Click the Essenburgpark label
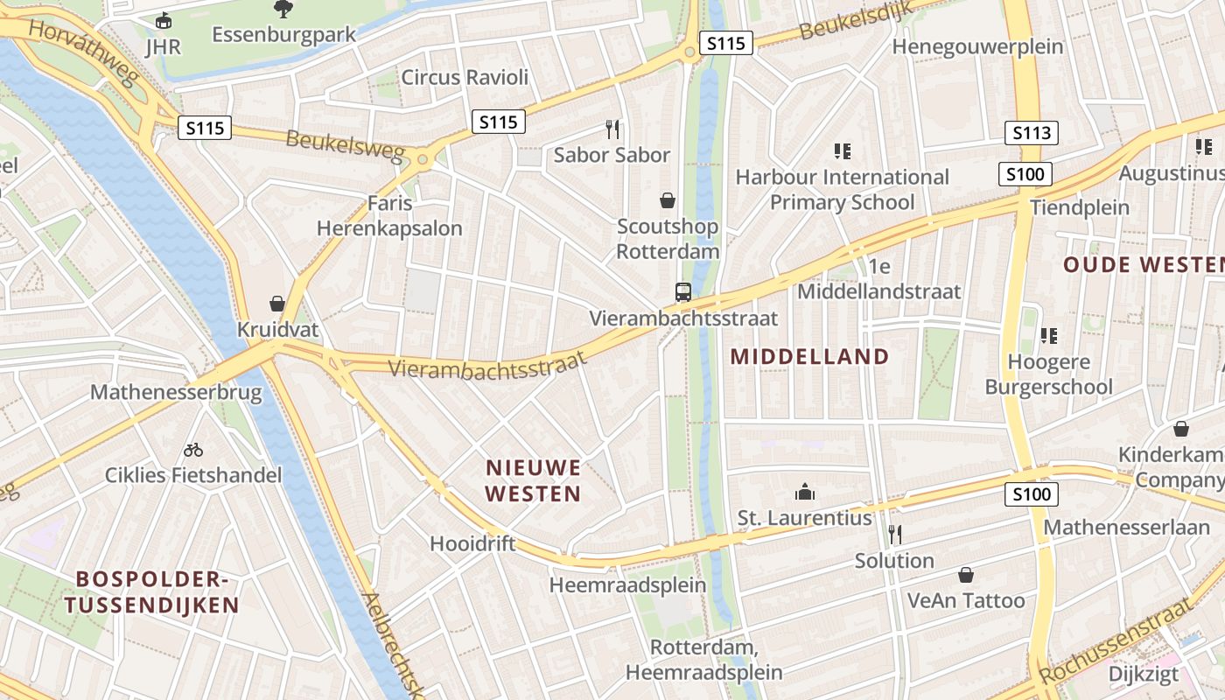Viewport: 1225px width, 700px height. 284,35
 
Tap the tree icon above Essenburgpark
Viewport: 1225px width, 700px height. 283,9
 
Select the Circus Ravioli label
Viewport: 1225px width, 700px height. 465,77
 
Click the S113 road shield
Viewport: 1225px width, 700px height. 1031,133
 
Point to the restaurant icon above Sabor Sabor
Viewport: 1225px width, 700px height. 612,129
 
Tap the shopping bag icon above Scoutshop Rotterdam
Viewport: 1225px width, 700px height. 668,200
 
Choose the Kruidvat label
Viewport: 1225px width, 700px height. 277,331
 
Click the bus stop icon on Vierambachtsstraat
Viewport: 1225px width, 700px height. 683,292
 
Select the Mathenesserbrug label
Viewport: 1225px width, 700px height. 176,391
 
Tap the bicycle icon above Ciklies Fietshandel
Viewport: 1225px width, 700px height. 193,450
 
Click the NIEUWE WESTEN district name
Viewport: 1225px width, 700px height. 533,480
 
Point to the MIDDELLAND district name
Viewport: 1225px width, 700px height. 809,356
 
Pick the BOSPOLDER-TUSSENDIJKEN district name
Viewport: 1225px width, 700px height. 150,591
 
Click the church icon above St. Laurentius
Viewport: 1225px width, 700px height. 804,492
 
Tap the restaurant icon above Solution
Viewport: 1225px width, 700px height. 894,534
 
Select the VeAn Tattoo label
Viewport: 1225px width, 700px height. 966,600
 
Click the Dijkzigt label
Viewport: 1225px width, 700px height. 1144,675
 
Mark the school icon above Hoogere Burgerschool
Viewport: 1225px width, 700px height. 1048,335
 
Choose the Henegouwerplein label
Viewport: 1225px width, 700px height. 977,46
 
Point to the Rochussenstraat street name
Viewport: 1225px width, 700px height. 1116,640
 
